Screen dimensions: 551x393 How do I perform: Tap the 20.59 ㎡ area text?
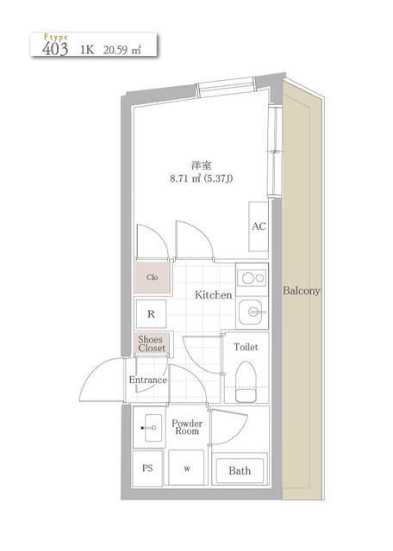click(x=120, y=50)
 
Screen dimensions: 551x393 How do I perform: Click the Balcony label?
click(x=302, y=291)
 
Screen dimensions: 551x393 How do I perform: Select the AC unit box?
click(x=258, y=226)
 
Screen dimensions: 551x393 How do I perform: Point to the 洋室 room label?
click(x=201, y=164)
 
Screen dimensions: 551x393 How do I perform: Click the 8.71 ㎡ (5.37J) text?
click(x=201, y=180)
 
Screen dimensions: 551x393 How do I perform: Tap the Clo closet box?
click(x=152, y=277)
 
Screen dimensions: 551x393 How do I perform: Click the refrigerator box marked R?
click(x=151, y=314)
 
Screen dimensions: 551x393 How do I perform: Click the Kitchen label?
click(x=213, y=295)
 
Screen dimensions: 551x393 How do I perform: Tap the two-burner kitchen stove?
click(x=253, y=278)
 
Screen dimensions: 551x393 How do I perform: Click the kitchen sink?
click(x=253, y=311)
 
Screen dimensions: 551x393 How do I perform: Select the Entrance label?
click(x=147, y=380)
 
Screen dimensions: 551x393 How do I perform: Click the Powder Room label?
click(x=187, y=427)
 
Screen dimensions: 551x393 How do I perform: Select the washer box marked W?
click(x=186, y=470)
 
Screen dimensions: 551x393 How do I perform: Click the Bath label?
click(x=240, y=471)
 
